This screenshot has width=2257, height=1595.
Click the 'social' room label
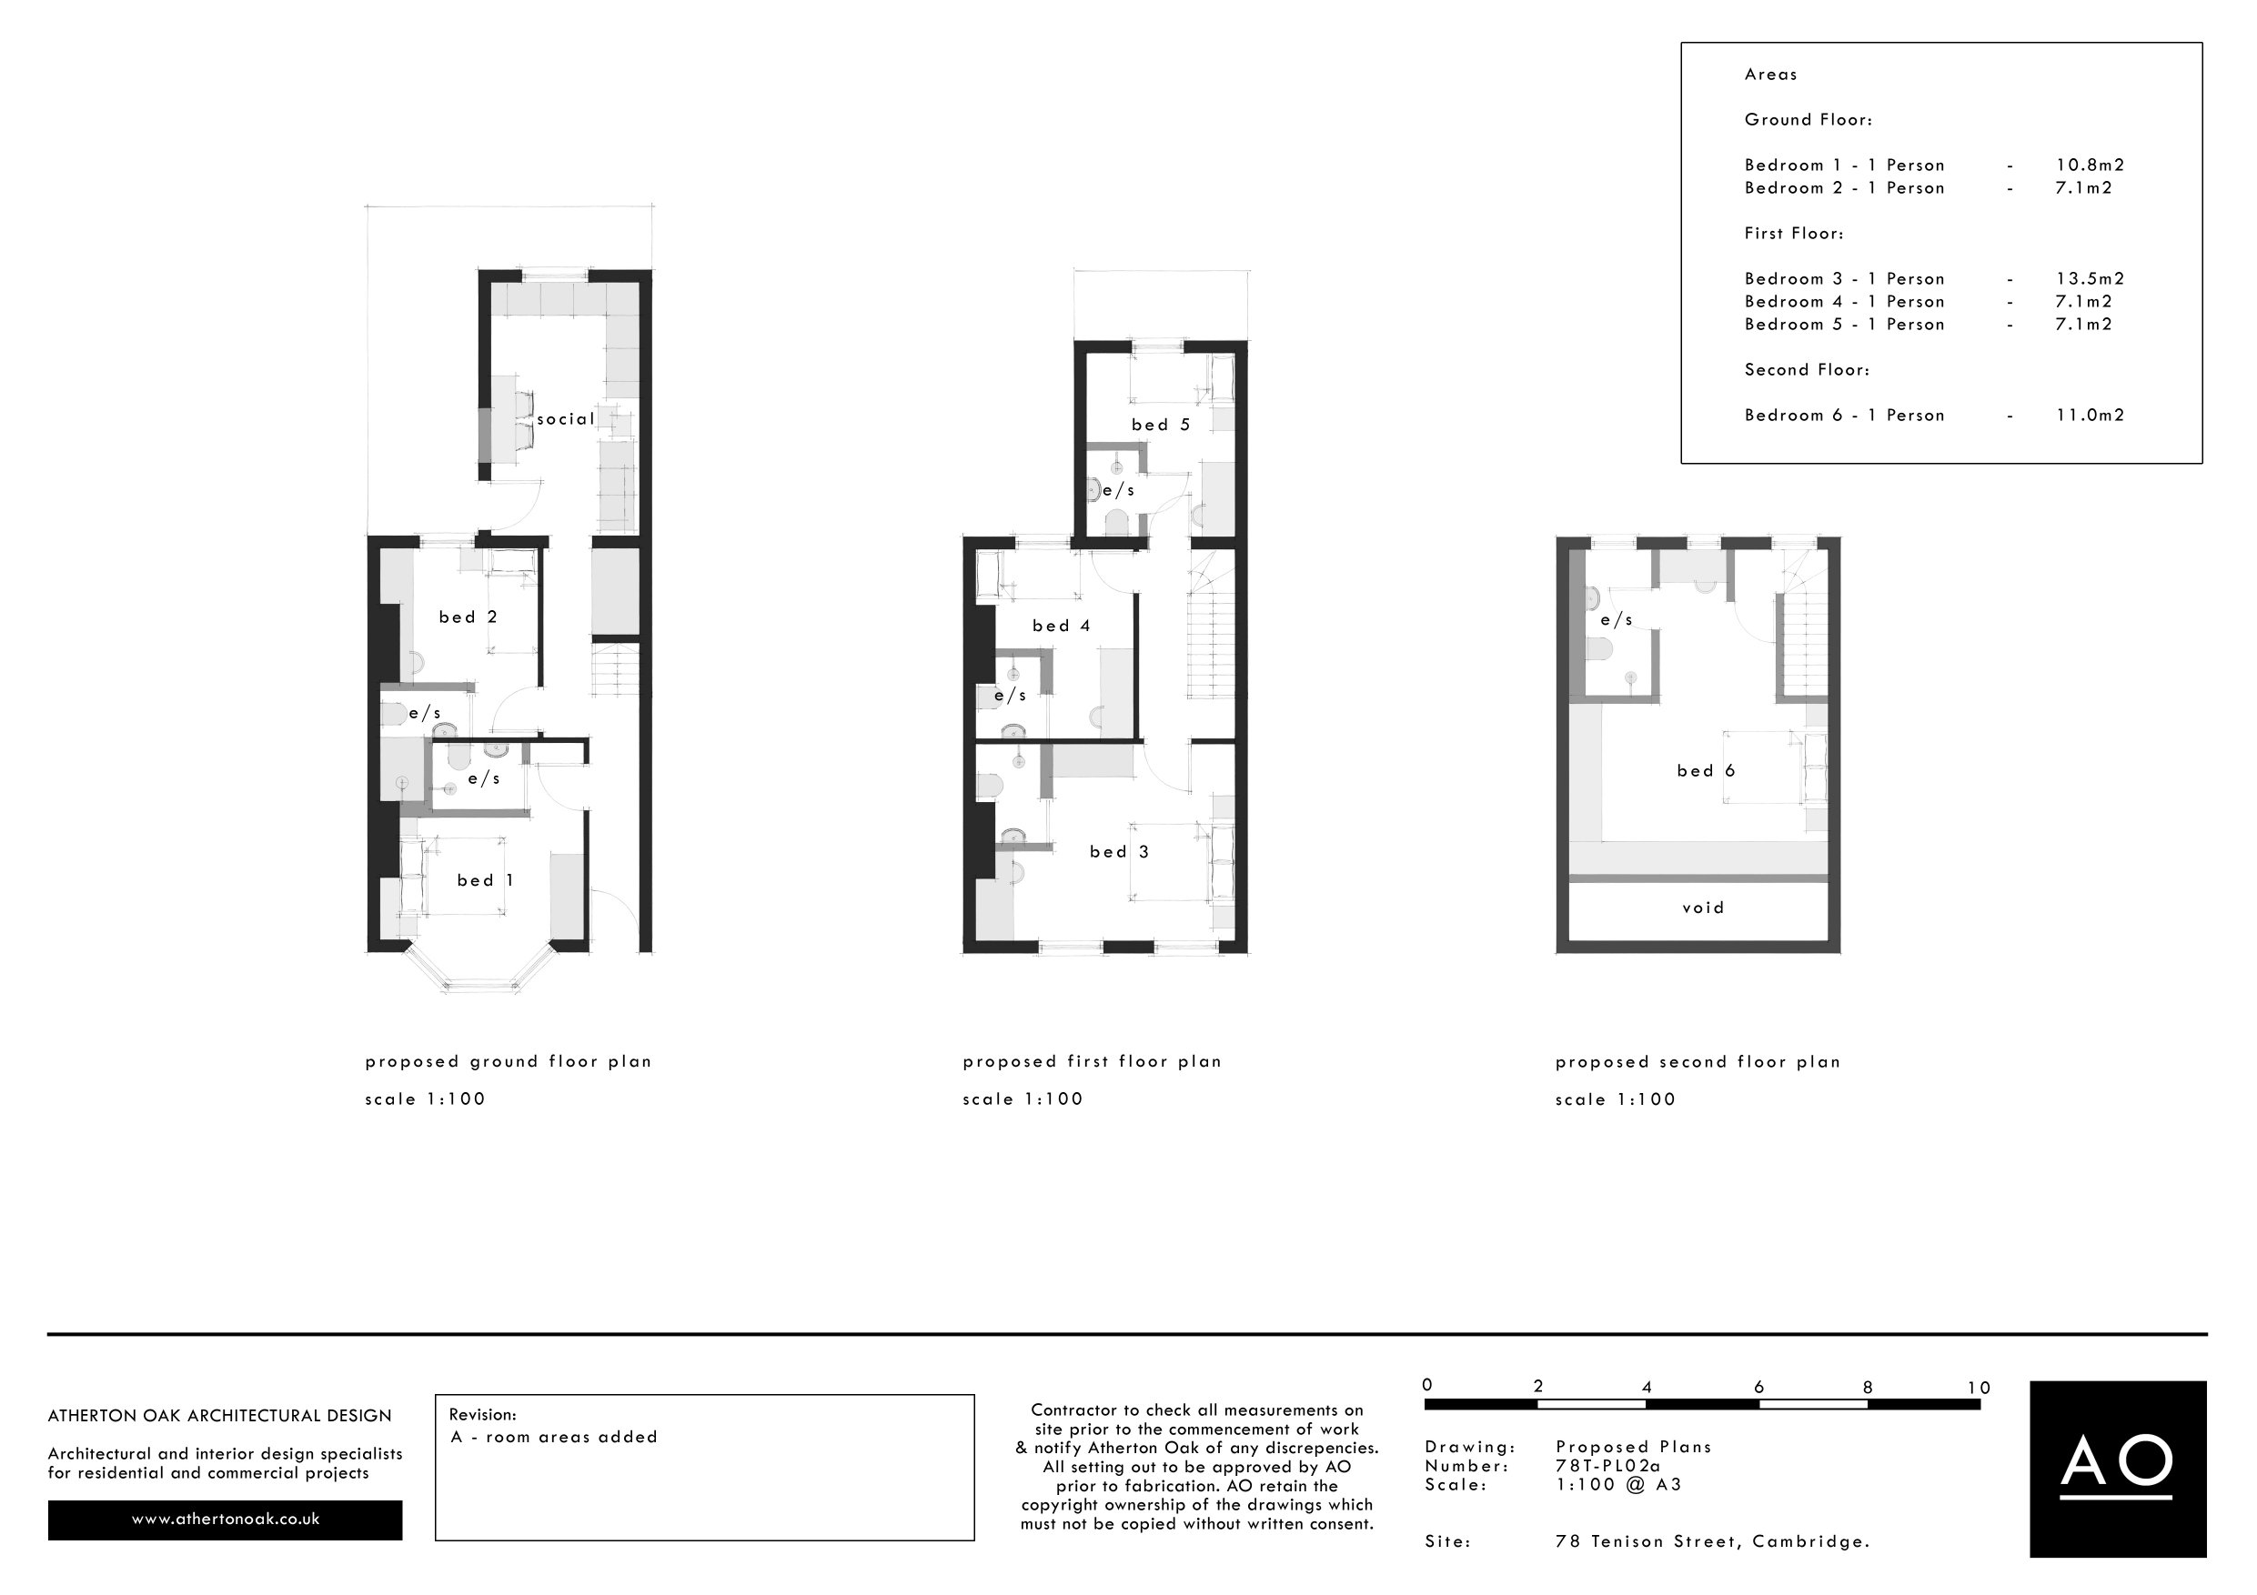point(565,418)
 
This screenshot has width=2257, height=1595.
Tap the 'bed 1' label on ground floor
point(485,880)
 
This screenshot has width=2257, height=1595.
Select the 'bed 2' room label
point(468,617)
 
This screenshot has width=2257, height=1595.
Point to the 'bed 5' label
point(1160,425)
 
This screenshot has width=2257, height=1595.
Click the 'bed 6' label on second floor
point(1706,770)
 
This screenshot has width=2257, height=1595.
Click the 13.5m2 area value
point(2090,279)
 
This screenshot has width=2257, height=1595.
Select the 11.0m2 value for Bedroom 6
point(2090,416)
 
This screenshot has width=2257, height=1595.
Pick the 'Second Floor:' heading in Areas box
point(1807,370)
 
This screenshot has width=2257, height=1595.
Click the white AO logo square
point(2118,1469)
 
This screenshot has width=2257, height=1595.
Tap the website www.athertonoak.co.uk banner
point(225,1519)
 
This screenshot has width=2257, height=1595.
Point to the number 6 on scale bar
point(1758,1388)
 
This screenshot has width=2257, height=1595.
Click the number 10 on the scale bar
point(1978,1388)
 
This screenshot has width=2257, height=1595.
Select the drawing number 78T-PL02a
point(1607,1465)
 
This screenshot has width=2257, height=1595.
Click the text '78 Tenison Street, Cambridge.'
point(1711,1542)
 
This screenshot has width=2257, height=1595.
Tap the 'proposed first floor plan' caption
point(1091,1061)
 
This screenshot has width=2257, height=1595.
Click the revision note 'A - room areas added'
point(553,1437)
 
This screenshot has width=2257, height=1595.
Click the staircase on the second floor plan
point(1801,644)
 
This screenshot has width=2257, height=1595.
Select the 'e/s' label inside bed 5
point(1118,490)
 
